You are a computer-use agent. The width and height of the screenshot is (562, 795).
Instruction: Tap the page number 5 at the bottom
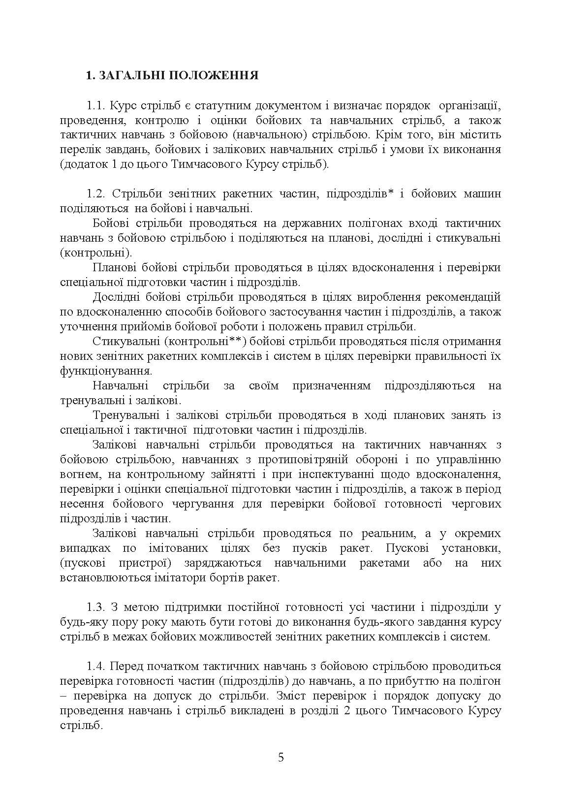(281, 757)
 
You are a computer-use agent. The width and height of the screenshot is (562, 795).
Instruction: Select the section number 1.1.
(97, 105)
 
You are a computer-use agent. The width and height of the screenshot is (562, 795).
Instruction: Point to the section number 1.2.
(97, 193)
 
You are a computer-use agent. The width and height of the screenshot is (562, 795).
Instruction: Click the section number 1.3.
(97, 607)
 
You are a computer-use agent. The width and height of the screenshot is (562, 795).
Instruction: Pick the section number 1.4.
(97, 666)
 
